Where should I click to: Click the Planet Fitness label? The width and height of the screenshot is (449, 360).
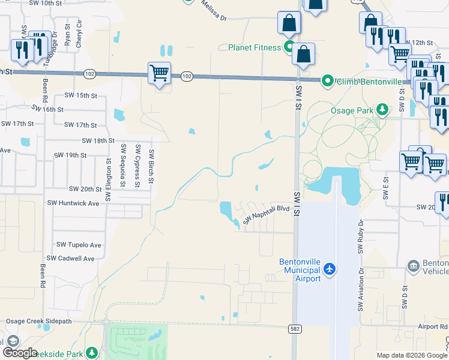[254, 47]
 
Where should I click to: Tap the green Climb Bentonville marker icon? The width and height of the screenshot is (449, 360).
[327, 80]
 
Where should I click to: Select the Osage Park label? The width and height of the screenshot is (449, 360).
[352, 110]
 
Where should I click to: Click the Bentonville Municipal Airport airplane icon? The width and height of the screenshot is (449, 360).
[329, 270]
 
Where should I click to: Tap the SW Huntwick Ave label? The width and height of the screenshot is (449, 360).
[73, 203]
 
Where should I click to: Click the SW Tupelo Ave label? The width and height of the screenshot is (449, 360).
[79, 245]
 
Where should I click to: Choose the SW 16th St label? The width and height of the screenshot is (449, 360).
[47, 109]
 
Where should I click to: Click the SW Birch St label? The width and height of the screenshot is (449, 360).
[152, 166]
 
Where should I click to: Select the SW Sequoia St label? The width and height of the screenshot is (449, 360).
[124, 166]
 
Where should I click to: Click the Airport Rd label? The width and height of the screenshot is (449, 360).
[433, 326]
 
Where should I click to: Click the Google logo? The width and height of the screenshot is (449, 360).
[20, 353]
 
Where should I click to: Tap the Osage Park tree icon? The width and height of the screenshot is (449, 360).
[382, 109]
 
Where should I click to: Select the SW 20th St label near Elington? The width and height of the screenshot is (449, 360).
[85, 189]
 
